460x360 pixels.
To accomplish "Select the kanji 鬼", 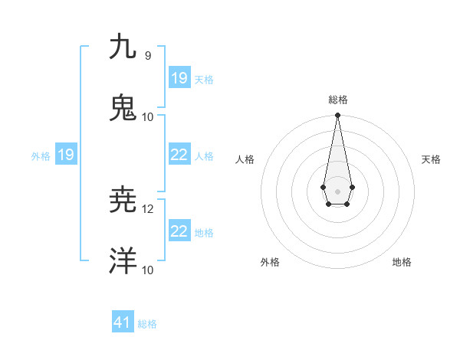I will coord(123,108).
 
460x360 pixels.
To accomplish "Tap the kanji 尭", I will coord(123,200).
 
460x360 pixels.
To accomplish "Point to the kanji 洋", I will coord(123,261).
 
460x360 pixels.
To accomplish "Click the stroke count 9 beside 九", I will coord(148,55).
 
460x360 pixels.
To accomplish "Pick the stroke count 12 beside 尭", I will coord(148,208).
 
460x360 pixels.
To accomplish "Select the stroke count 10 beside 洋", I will coord(148,270).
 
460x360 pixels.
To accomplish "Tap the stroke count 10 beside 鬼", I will coord(148,116).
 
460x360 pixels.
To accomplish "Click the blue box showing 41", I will coord(123,322).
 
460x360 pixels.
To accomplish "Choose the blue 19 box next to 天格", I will coord(179,77).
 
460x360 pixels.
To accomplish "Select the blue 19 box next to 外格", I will coord(66,155).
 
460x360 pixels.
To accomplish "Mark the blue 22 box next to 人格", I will coord(179,155).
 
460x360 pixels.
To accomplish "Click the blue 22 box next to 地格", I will coord(179,231).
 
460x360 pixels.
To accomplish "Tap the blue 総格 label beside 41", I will coord(147,324).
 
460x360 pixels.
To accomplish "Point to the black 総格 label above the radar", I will coord(338,100).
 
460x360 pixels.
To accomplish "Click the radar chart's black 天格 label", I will coord(431,159).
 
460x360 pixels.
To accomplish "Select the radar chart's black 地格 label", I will coord(402,262).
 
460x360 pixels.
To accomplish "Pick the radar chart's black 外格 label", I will coord(270,262).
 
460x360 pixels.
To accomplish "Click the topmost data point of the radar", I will coord(337,116).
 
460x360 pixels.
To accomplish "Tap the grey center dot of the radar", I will coord(337,191).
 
